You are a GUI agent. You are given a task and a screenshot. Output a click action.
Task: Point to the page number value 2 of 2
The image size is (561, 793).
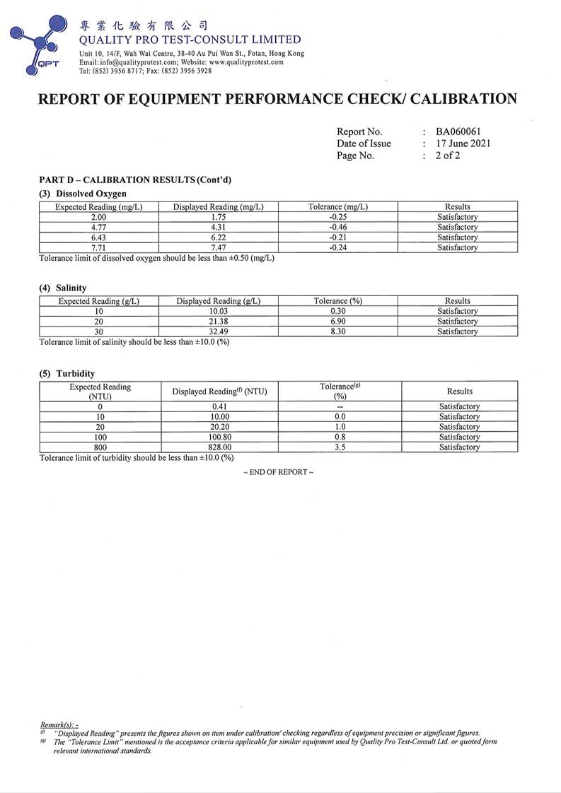[x=447, y=155]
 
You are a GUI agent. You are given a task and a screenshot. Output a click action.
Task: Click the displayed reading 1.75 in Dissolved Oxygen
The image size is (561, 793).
[x=218, y=217]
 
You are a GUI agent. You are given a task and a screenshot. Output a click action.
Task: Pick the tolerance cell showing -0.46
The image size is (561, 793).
[x=337, y=228]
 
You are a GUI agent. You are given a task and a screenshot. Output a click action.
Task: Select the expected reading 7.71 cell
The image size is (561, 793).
[x=98, y=248]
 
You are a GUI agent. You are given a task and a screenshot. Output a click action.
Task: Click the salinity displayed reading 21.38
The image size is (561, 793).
[x=218, y=322]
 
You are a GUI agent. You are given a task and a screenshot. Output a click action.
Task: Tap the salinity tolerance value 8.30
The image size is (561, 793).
[x=337, y=331]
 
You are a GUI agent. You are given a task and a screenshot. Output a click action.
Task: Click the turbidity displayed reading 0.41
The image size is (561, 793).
[x=219, y=407]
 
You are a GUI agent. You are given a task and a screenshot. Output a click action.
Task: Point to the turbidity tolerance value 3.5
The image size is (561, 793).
[x=340, y=447]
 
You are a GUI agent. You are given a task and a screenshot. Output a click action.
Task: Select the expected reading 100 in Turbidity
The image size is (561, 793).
[x=100, y=437]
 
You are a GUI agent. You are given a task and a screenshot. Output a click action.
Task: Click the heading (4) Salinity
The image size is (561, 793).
[x=63, y=288]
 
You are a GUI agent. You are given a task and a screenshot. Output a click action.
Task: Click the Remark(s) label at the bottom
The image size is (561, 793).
[x=59, y=726]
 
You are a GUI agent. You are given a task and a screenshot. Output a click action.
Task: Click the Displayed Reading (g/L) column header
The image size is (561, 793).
[x=218, y=301]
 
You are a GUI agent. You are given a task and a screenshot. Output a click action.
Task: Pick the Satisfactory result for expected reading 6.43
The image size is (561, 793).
[x=457, y=237]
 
